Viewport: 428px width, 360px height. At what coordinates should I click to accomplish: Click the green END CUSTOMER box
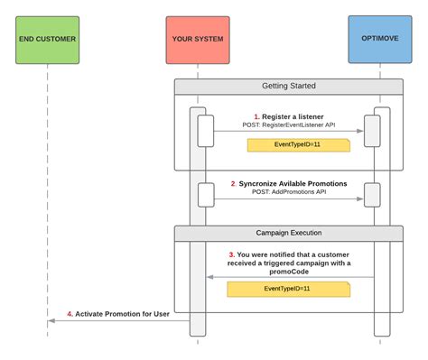click(x=48, y=39)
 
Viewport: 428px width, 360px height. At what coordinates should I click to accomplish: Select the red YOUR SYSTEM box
click(x=198, y=39)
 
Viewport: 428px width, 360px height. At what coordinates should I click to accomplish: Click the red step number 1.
click(x=256, y=117)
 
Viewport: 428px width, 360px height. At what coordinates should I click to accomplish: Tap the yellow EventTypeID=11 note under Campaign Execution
click(x=287, y=290)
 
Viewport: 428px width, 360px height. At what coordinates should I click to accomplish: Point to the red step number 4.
click(x=70, y=314)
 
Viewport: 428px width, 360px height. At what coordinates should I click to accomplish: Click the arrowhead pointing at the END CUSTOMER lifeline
click(x=52, y=319)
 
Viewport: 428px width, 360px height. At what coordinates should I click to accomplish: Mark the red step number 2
click(x=233, y=184)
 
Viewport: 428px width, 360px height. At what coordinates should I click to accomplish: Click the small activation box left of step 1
click(x=205, y=128)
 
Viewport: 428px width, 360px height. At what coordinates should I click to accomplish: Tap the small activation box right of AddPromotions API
click(x=371, y=193)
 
